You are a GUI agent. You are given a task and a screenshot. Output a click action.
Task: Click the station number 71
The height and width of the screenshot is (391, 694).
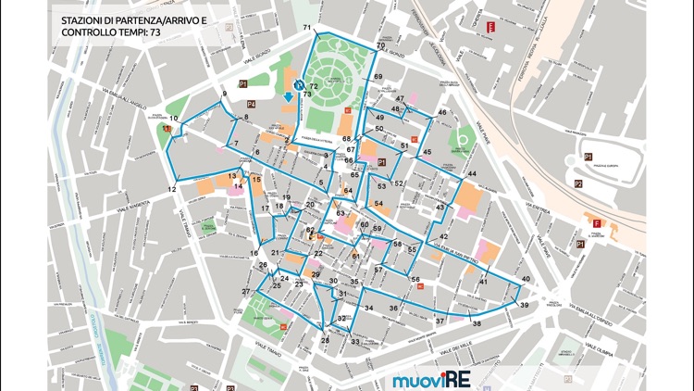coord(307,28)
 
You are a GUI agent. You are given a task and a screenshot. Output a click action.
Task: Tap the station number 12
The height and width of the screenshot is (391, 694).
coord(171,189)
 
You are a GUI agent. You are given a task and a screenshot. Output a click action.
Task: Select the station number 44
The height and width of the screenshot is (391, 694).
coord(472,174)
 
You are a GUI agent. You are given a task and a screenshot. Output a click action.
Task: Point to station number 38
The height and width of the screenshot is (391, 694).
coord(477,323)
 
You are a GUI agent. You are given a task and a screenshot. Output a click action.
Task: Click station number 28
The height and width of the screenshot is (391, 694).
coord(325,341)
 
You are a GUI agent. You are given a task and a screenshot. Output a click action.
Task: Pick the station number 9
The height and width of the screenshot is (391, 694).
coord(224,95)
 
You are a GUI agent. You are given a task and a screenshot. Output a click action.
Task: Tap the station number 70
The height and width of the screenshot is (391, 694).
coord(380,45)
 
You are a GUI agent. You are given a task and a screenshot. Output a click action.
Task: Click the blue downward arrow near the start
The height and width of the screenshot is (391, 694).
coord(289,96)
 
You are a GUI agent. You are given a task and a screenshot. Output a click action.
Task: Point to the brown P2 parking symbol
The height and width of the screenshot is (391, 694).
coord(578,183)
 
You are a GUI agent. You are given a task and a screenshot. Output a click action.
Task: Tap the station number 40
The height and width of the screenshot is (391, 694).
coord(526,279)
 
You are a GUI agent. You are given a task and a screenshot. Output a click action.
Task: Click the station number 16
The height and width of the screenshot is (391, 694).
coord(254,253)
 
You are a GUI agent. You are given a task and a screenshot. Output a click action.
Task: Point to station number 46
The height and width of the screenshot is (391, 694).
coord(442,112)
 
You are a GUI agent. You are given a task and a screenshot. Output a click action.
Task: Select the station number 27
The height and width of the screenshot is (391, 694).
coord(246,292)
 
